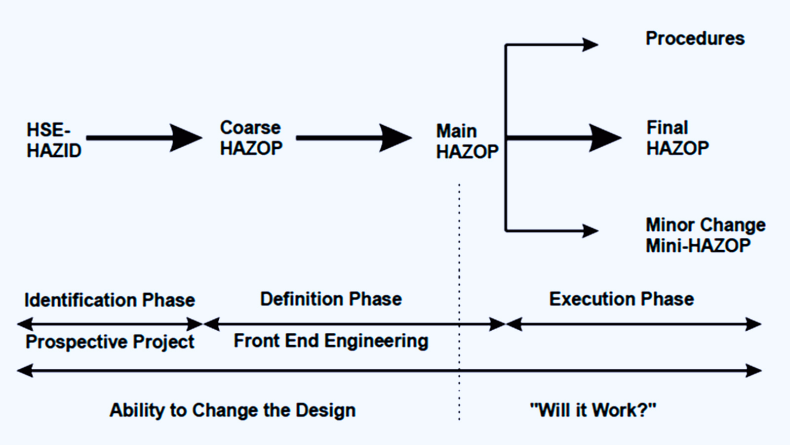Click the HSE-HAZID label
[x=54, y=140]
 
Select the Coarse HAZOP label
[x=251, y=138]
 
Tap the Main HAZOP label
[x=467, y=141]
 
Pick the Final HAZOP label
[x=677, y=138]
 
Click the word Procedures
[x=695, y=38]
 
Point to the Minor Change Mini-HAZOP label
[x=706, y=235]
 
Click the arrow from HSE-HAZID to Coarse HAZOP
[x=144, y=138]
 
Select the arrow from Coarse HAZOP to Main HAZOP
[x=354, y=138]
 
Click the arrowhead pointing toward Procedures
[x=591, y=45]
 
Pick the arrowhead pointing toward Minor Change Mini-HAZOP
[x=591, y=231]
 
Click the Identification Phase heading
[x=110, y=300]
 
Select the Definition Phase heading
[x=331, y=299]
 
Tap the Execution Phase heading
[x=622, y=299]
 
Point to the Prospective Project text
[x=110, y=342]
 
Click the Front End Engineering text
[x=331, y=341]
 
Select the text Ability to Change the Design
[x=233, y=410]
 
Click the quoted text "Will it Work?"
[x=593, y=410]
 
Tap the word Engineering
[x=376, y=342]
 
